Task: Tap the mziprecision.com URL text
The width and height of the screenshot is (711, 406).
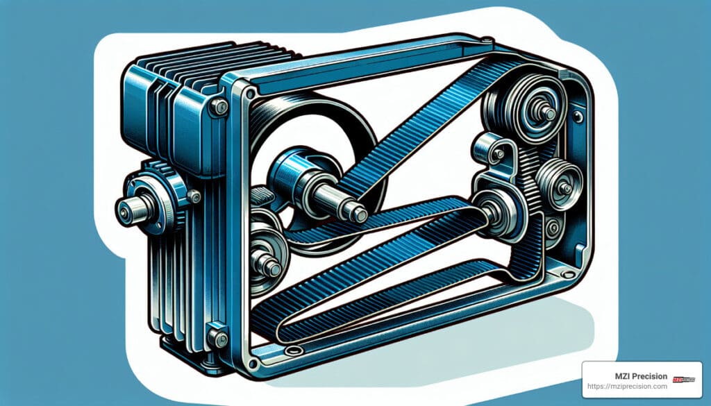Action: point(627,387)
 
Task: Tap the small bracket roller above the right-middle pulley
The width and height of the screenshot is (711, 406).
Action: point(486,148)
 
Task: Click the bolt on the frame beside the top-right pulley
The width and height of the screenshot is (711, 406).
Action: point(577,117)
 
